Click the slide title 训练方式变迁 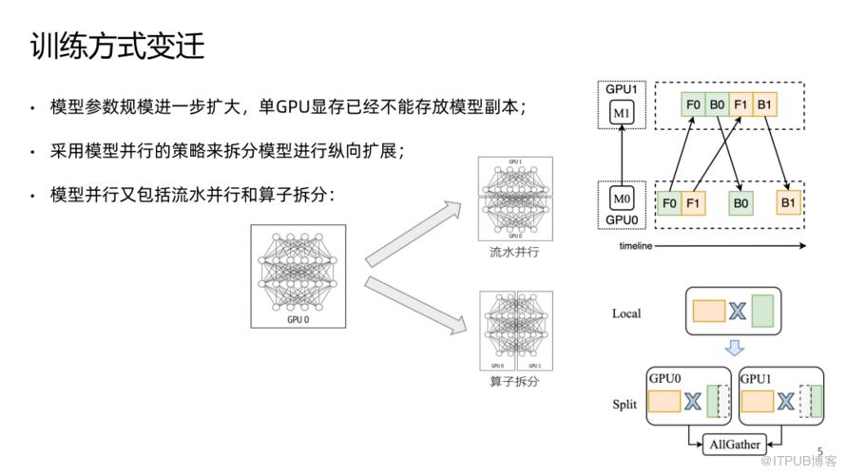point(117,46)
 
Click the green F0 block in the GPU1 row point(693,104)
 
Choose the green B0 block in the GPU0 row point(740,202)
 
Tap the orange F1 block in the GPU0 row point(693,202)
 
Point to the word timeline point(636,245)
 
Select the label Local point(626,313)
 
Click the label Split point(624,404)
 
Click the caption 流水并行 point(512,253)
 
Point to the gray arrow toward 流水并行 point(417,228)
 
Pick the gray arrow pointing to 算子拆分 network point(417,305)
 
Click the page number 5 point(820,450)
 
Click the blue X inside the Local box point(736,311)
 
